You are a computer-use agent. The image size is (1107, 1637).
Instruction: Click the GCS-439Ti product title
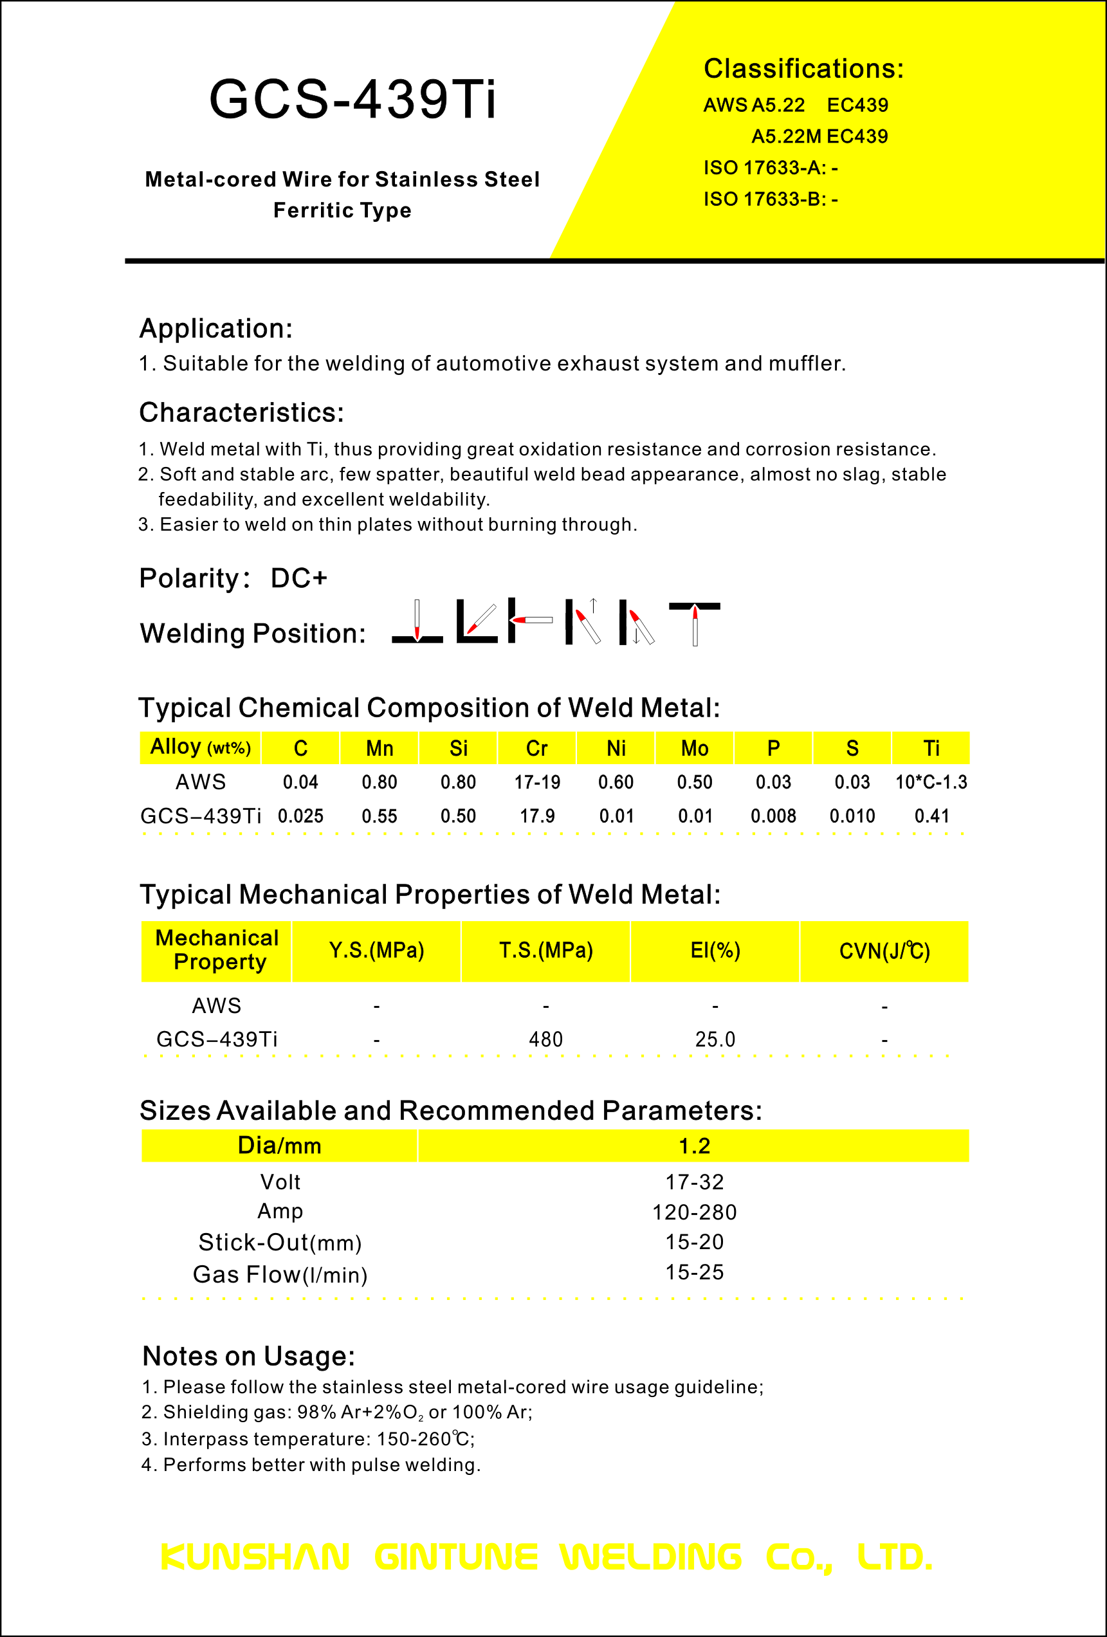tap(352, 99)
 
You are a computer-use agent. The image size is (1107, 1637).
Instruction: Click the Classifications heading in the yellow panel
tap(803, 69)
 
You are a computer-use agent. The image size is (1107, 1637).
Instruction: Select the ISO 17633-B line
tap(771, 199)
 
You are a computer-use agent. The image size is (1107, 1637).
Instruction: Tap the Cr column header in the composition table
tap(536, 748)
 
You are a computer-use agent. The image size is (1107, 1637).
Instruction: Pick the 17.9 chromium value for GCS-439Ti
tap(536, 816)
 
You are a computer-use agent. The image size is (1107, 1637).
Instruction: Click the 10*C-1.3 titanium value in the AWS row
tap(930, 782)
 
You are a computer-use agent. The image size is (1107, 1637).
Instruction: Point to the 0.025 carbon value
tap(300, 816)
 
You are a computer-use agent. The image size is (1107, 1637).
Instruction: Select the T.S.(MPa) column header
tap(545, 950)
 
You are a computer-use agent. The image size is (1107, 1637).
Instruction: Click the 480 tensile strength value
tap(545, 1039)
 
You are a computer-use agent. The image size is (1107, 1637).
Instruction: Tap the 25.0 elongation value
tap(715, 1039)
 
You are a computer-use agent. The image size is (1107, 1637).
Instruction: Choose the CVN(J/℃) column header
tap(884, 951)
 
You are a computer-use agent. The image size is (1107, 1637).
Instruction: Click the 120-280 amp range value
tap(694, 1212)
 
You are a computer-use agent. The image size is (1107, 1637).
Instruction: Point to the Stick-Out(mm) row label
tap(280, 1243)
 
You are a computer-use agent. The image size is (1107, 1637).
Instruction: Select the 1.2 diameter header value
tap(694, 1146)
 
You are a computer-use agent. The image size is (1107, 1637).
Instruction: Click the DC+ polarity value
tap(299, 578)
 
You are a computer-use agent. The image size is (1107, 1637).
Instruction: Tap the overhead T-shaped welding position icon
tap(694, 623)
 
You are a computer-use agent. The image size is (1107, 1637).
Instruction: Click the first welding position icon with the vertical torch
tap(417, 622)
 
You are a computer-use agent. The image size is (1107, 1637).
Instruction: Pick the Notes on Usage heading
tap(248, 1356)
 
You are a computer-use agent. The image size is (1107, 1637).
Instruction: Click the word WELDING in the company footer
tap(651, 1557)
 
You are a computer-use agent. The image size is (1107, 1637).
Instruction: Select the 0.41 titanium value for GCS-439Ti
tap(931, 816)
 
